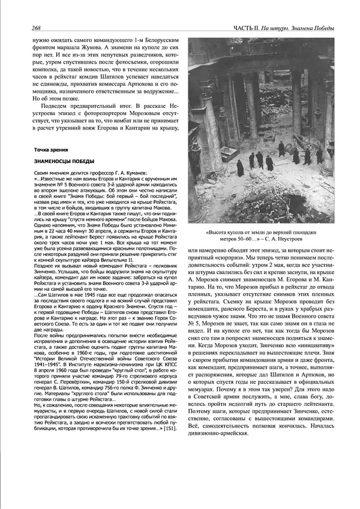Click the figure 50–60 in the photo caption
tap(230, 238)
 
